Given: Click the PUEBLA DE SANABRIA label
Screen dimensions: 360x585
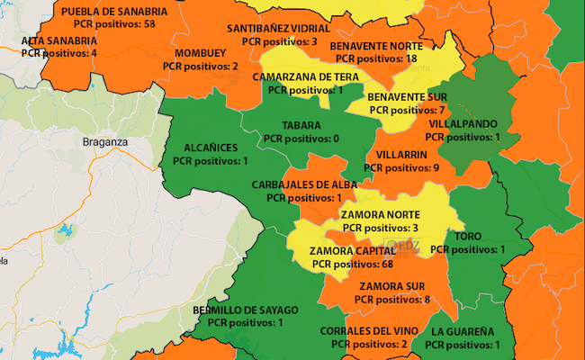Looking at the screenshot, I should tap(114, 11).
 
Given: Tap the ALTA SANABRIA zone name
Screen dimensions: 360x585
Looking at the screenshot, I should tap(58, 40).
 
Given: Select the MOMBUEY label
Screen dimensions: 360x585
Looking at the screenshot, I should tap(201, 53).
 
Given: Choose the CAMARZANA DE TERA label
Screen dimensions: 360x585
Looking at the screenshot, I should tap(305, 77).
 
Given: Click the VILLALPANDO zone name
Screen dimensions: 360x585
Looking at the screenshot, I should tap(463, 123).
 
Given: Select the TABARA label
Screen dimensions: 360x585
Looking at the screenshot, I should tap(301, 125).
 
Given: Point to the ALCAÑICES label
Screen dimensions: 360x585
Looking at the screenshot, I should tap(211, 148).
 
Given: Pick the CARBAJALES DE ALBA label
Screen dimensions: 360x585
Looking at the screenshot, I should tap(304, 184).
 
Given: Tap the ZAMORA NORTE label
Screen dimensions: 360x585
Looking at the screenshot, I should tap(379, 214).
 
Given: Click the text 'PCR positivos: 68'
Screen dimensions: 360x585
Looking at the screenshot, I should tap(354, 265).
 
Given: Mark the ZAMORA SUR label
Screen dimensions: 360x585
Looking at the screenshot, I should tap(393, 286).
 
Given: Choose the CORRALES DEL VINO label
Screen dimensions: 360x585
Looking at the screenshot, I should tap(368, 331).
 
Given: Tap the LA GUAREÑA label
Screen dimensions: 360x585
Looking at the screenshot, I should tap(462, 331).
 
